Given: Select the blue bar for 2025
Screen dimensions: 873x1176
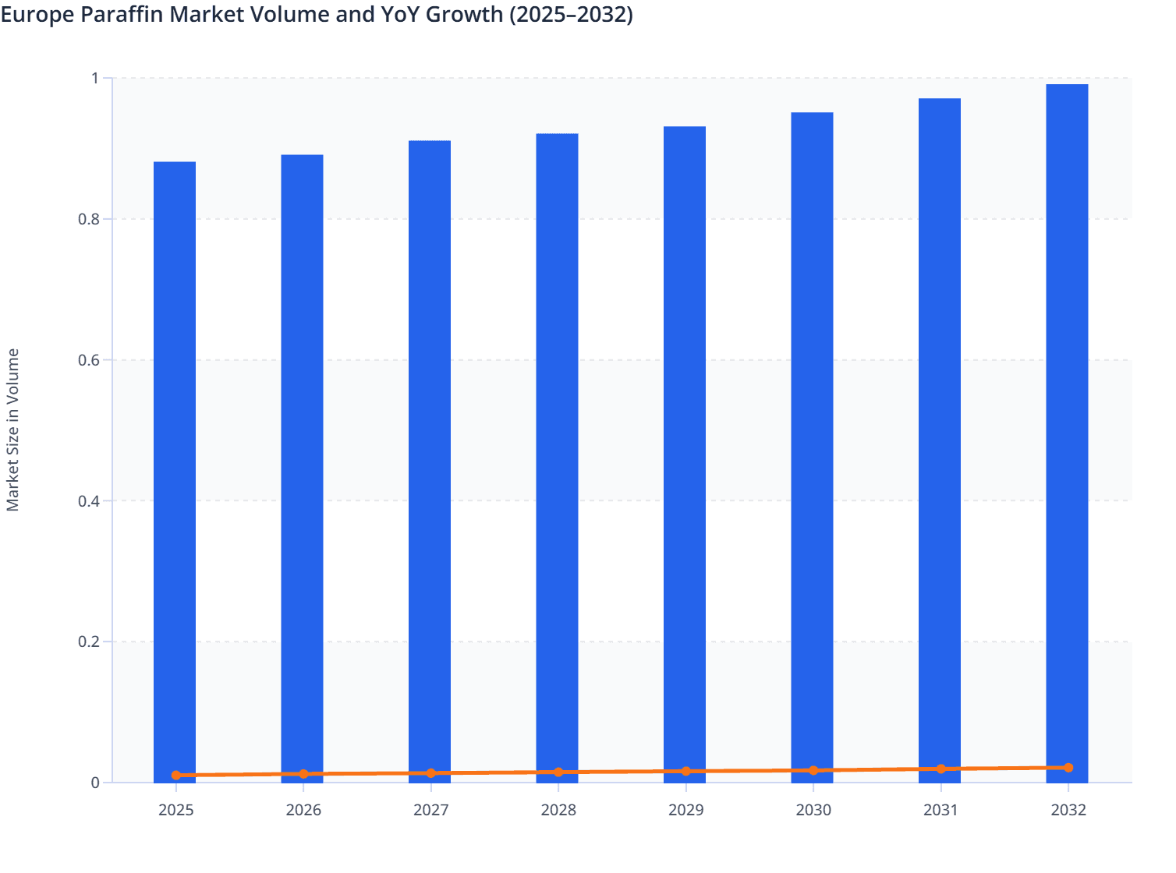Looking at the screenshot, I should coord(175,468).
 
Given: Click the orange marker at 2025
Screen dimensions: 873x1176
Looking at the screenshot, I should coord(176,776).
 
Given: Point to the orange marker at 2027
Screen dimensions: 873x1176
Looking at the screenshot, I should coord(431,773).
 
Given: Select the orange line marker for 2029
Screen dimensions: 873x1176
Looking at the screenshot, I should coord(686,772).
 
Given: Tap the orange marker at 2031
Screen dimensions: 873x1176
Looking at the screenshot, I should coord(941,769).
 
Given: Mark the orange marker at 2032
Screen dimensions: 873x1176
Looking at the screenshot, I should coord(1068,768).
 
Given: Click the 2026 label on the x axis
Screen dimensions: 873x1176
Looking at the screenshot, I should coord(303,811).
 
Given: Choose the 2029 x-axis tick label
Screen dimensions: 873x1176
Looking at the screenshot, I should coord(686,811).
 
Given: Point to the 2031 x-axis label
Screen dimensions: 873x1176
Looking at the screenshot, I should coord(941,811).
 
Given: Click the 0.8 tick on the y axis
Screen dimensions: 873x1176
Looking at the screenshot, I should coord(89,220).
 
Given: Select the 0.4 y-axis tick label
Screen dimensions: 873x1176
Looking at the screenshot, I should coord(89,501).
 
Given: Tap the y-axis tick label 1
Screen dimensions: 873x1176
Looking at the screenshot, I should coord(96,79).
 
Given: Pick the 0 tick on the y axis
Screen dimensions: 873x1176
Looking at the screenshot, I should coord(95,783).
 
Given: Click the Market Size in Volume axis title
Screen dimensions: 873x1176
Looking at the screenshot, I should coord(13,430).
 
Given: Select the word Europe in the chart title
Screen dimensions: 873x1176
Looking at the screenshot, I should coord(37,15).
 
